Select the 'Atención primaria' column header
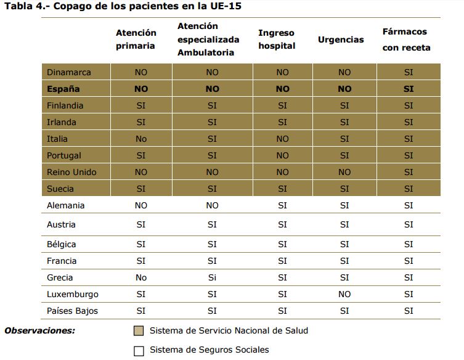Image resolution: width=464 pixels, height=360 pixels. tap(136, 39)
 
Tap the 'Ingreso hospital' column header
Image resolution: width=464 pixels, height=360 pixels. tap(277, 39)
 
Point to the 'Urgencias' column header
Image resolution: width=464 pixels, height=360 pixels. tap(341, 39)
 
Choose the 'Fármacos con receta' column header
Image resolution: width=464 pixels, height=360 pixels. tap(406, 39)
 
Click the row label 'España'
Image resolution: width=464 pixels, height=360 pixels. tap(63, 89)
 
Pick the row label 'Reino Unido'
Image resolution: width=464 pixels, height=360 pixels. tap(71, 172)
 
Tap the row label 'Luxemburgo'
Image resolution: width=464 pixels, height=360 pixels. tap(73, 294)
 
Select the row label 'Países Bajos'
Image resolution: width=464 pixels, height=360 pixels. tap(72, 311)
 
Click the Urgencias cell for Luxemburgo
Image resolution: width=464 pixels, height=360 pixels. tap(344, 294)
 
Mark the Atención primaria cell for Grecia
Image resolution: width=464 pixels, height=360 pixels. tap(141, 277)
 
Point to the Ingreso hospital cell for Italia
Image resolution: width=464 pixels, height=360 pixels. tap(282, 139)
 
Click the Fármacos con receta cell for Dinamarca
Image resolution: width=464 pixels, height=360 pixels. tap(409, 72)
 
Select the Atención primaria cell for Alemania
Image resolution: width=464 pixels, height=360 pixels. tap(141, 205)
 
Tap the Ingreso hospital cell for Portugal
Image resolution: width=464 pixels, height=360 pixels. tap(282, 155)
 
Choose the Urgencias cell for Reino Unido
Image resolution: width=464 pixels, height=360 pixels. tap(344, 172)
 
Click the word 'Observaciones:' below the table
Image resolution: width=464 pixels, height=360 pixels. tap(39, 331)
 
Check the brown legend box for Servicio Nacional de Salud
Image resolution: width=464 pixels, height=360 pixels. tap(139, 331)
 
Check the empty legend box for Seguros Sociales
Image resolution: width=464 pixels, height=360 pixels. tap(139, 351)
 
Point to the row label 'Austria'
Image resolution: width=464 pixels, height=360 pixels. tap(62, 224)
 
